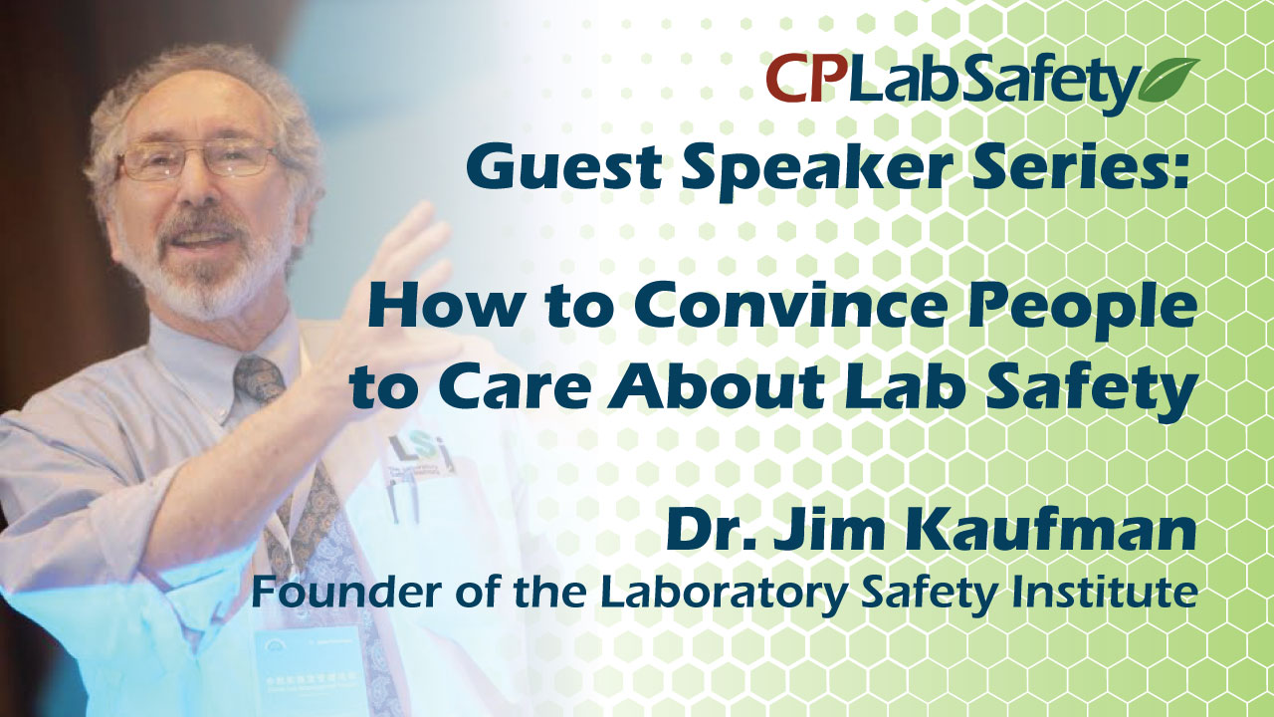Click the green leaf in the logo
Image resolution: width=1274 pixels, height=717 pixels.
click(1168, 80)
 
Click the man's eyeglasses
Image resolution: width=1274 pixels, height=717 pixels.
click(196, 159)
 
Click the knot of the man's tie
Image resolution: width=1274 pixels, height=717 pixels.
click(259, 377)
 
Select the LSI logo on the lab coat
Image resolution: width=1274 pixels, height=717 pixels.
click(419, 453)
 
